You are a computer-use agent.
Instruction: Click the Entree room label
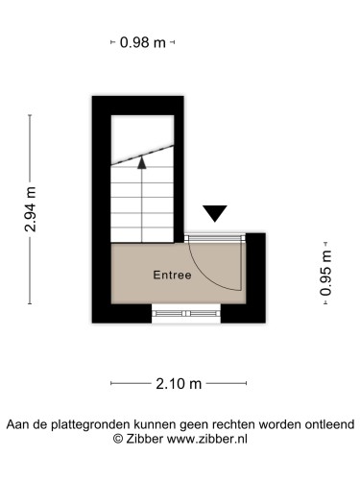(172, 275)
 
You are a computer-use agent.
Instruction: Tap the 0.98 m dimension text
(143, 42)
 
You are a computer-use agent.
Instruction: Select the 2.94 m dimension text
(31, 209)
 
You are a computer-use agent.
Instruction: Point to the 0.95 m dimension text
(325, 273)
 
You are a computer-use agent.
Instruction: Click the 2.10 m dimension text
(179, 383)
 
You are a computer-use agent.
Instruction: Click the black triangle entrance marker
(215, 213)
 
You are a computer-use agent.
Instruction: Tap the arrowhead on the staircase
(142, 162)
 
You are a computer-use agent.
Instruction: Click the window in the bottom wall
(186, 314)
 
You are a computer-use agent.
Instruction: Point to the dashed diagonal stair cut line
(142, 156)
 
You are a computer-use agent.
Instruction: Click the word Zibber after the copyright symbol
(145, 439)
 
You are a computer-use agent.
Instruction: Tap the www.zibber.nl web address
(207, 439)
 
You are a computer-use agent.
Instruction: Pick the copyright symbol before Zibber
(118, 439)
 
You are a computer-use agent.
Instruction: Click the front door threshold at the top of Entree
(215, 238)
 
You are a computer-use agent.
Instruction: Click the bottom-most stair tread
(142, 234)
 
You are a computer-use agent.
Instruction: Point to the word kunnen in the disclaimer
(155, 424)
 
